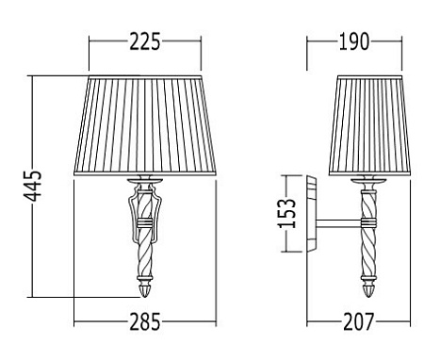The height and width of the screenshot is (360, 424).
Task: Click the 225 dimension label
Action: coord(145,41)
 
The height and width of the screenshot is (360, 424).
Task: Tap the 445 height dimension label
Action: coord(33,186)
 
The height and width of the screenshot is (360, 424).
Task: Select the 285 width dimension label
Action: coord(145,321)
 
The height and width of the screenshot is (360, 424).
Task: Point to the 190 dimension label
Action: coord(354,41)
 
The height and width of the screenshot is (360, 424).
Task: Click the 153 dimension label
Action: coord(286,213)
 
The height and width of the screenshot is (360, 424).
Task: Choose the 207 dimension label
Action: coord(359,321)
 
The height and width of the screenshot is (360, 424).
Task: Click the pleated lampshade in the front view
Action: coord(145,125)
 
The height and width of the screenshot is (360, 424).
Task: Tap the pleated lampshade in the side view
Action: coord(369,125)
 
